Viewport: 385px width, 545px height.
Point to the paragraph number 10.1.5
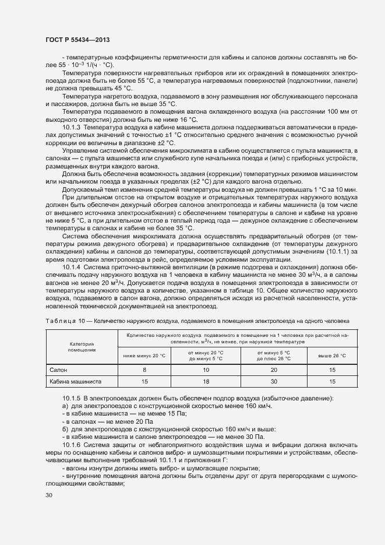[72, 398]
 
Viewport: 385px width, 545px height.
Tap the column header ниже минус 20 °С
[145, 355]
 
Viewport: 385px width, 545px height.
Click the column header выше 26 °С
[331, 355]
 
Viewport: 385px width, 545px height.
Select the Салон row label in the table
[58, 370]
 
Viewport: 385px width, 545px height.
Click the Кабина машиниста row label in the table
[76, 381]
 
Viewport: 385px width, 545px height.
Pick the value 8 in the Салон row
[145, 370]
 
